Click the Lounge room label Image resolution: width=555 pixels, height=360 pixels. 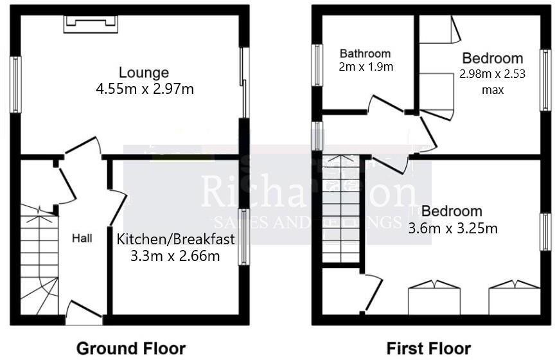[x=143, y=73]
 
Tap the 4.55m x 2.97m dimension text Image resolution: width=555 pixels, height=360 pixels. [x=144, y=89]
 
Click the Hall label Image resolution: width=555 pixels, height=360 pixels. [x=82, y=239]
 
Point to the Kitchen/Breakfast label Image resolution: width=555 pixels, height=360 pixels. [x=175, y=240]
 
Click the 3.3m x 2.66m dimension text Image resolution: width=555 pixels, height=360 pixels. [x=175, y=256]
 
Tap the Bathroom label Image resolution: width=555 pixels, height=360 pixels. [x=365, y=53]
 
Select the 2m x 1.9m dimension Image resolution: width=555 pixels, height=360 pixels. [x=366, y=66]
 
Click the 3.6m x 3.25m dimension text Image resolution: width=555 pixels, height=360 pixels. [x=453, y=228]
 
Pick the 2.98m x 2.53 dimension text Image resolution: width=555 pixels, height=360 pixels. [x=492, y=74]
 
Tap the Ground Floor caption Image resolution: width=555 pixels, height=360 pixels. [x=131, y=348]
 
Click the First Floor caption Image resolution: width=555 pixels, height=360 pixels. [x=428, y=348]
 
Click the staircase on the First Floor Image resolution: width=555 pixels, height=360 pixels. [x=340, y=212]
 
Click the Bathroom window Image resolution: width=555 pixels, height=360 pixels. [x=317, y=64]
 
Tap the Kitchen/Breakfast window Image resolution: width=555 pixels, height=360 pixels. [x=243, y=236]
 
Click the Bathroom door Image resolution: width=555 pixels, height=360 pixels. [x=385, y=106]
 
